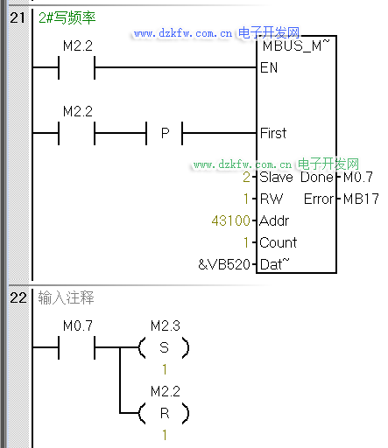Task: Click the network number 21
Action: pyautogui.click(x=18, y=17)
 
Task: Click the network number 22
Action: pyautogui.click(x=18, y=297)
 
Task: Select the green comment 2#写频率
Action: pyautogui.click(x=67, y=17)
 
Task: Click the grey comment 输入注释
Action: pyautogui.click(x=66, y=297)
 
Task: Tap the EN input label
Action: pyautogui.click(x=269, y=67)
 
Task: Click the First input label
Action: pyautogui.click(x=273, y=133)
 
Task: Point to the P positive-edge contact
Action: pyautogui.click(x=165, y=133)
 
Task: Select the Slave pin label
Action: pyautogui.click(x=276, y=177)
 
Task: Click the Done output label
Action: pyautogui.click(x=317, y=177)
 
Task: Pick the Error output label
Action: pyautogui.click(x=319, y=199)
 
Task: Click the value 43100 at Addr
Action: pyautogui.click(x=231, y=220)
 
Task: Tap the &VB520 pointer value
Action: pyautogui.click(x=224, y=264)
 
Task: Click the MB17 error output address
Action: pyautogui.click(x=361, y=199)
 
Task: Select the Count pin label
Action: pyautogui.click(x=278, y=242)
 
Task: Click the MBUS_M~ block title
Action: pyautogui.click(x=296, y=45)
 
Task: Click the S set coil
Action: pyautogui.click(x=164, y=347)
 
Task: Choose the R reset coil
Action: pyautogui.click(x=164, y=413)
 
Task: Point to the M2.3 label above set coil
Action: pyautogui.click(x=166, y=325)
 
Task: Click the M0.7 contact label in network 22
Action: pyautogui.click(x=78, y=325)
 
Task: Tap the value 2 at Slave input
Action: pyautogui.click(x=246, y=177)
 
